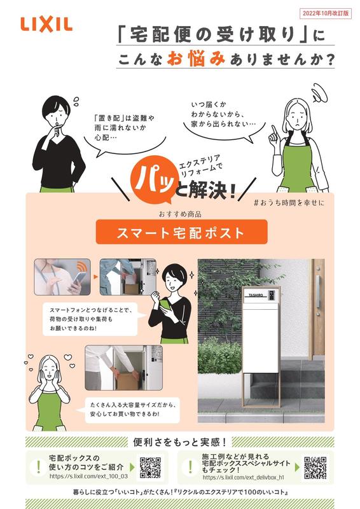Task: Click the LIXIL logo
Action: pyautogui.click(x=46, y=24)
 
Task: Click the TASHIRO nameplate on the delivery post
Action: pyautogui.click(x=256, y=295)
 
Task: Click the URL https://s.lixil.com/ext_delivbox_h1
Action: pyautogui.click(x=242, y=477)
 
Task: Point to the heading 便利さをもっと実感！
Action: pyautogui.click(x=181, y=441)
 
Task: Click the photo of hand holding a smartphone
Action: pyautogui.click(x=62, y=277)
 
